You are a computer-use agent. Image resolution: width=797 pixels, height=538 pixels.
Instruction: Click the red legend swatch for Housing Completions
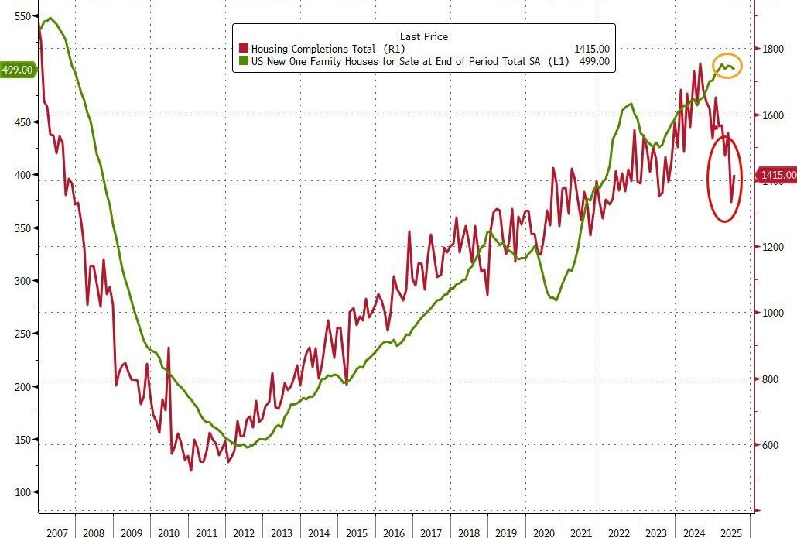click(x=244, y=49)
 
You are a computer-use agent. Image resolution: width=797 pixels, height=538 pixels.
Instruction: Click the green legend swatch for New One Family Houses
click(x=244, y=61)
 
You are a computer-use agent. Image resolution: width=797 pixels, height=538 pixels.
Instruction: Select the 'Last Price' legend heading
click(x=423, y=36)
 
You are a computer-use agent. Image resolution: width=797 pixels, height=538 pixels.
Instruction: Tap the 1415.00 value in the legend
click(x=591, y=49)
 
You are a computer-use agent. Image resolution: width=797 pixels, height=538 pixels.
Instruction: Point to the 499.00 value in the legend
click(x=593, y=61)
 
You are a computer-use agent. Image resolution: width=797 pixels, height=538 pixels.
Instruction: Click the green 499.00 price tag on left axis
click(x=17, y=70)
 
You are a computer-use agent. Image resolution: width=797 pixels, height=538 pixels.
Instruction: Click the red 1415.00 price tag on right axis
click(x=775, y=176)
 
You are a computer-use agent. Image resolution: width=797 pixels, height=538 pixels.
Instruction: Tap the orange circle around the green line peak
click(x=727, y=66)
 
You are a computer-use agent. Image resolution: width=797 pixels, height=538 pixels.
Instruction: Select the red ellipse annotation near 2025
click(x=725, y=177)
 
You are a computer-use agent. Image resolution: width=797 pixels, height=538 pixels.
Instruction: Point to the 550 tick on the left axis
click(x=23, y=16)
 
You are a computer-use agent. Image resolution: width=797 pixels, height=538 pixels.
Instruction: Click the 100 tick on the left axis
click(x=23, y=492)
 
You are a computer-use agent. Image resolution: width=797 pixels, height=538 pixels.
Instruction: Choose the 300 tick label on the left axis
click(x=23, y=281)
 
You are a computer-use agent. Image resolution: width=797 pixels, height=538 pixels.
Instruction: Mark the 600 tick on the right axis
click(x=770, y=445)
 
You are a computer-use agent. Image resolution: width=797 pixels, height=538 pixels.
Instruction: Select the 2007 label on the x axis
click(x=56, y=532)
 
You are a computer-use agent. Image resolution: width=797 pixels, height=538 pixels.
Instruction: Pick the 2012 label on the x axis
click(x=244, y=532)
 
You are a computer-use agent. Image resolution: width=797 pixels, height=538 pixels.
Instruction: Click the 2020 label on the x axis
click(x=545, y=532)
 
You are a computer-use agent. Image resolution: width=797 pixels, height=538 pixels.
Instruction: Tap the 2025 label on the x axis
click(x=731, y=532)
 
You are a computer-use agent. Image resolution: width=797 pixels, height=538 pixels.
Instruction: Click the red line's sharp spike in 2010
click(x=168, y=349)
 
